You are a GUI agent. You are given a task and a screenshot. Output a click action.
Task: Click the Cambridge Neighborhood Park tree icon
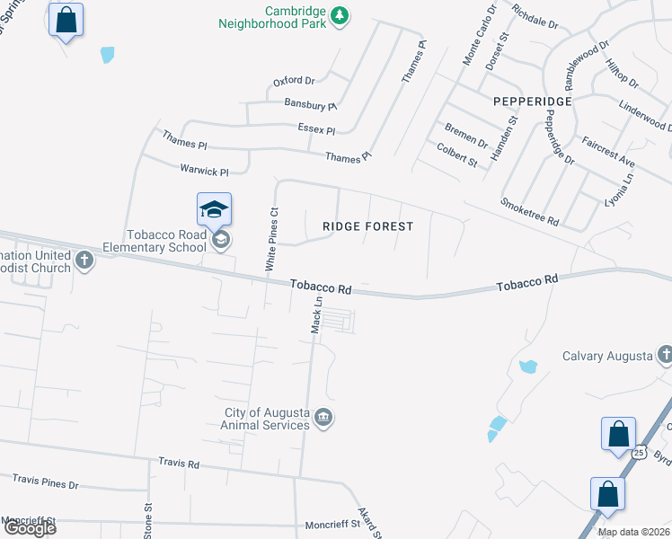tap(339, 14)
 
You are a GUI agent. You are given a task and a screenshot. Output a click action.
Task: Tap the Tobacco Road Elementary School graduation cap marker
tap(215, 210)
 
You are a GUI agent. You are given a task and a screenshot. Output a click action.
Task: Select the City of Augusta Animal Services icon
tap(324, 418)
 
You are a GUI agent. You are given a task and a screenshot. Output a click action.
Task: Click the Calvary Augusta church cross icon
tap(664, 356)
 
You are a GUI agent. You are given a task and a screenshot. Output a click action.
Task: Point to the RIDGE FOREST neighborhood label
tap(368, 226)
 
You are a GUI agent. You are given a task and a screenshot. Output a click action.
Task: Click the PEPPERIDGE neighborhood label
tap(533, 102)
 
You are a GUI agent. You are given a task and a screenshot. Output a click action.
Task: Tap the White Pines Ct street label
tap(272, 239)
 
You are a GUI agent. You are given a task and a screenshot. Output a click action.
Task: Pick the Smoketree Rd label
tap(530, 211)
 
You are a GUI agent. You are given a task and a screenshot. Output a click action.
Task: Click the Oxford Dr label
tap(294, 82)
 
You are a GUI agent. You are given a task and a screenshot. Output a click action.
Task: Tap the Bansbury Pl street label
tap(310, 105)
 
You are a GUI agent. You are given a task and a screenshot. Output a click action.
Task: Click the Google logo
tap(29, 528)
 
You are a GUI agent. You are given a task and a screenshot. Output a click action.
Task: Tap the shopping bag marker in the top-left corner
tap(66, 20)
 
